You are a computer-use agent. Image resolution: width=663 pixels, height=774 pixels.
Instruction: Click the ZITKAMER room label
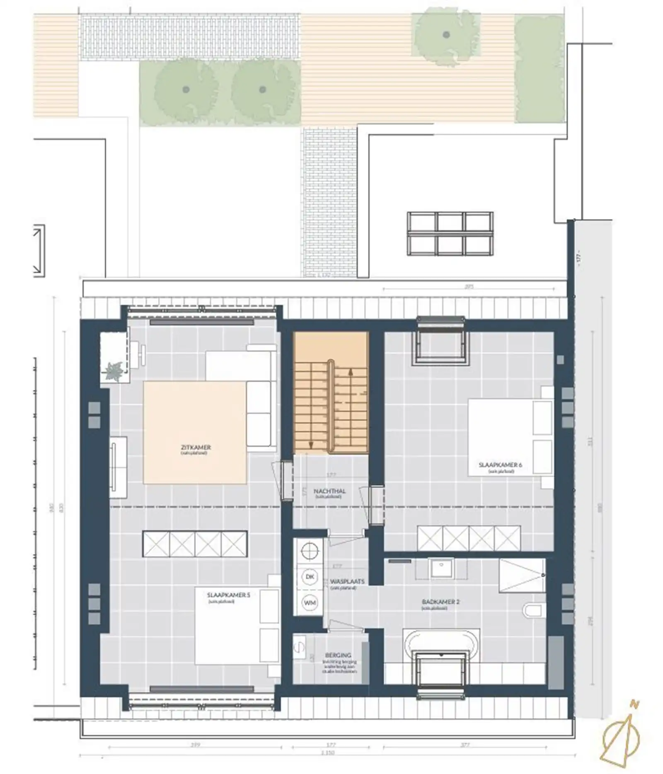(196, 447)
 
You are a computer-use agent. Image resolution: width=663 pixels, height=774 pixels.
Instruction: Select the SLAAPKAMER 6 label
(500, 465)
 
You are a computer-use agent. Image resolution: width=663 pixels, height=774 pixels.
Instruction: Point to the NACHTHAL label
(329, 491)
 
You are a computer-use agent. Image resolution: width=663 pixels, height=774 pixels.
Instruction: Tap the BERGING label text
(338, 655)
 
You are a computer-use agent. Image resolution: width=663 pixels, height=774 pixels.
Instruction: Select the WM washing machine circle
(309, 602)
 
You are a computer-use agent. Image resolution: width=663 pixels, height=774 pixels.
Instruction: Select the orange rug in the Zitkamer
(195, 432)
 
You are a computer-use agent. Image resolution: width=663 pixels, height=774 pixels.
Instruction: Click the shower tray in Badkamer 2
(522, 575)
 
